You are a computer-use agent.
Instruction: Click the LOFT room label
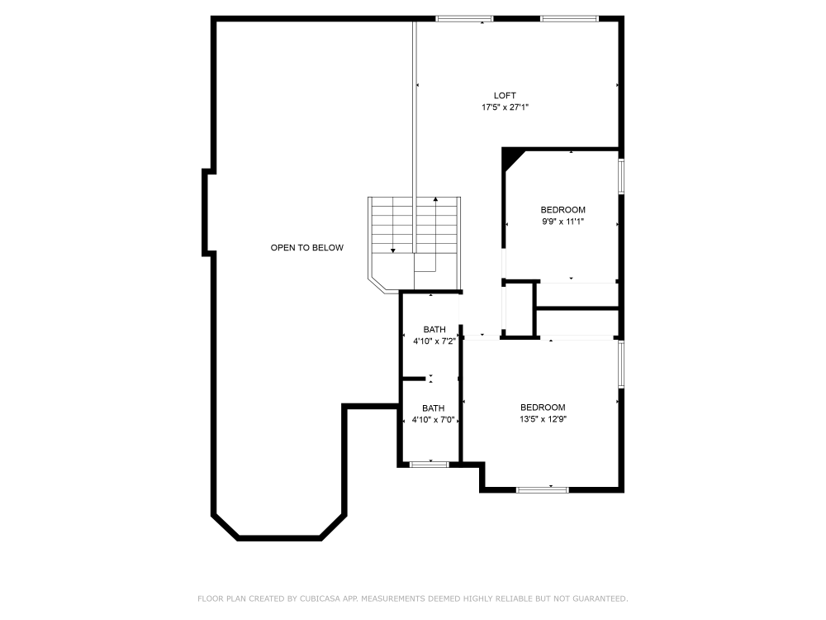[505, 95]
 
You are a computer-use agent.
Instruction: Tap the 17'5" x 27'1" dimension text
[506, 107]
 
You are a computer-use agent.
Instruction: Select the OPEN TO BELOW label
[307, 248]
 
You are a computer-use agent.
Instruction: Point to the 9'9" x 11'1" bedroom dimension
[563, 222]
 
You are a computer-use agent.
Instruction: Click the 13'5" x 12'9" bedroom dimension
[544, 420]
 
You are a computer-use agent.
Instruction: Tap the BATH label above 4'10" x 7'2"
[434, 330]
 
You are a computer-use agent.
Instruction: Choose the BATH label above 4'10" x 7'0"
[434, 408]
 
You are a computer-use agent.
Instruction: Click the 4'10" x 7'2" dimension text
[434, 341]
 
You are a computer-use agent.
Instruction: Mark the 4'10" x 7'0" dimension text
[434, 420]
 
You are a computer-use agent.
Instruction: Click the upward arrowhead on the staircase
[435, 199]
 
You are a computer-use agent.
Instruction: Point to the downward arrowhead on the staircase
[392, 250]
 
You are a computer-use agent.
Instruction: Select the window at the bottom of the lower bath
[430, 465]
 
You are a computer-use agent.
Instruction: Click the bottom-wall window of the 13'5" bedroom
[543, 489]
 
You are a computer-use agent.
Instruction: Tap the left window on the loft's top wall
[464, 19]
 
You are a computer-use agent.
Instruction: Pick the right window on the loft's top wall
[569, 19]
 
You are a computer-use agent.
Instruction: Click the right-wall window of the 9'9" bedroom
[621, 177]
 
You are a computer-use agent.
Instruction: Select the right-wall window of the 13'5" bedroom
[621, 365]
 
